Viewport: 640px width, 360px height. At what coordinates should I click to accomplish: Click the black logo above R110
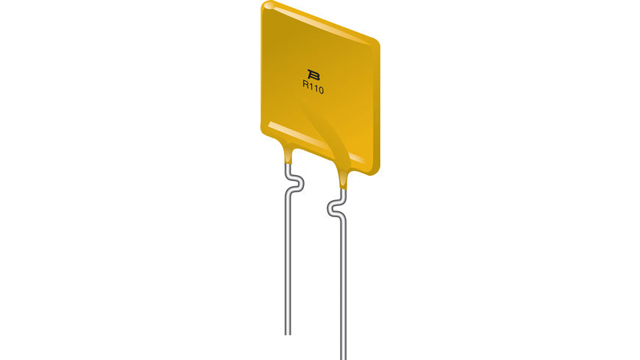(313, 74)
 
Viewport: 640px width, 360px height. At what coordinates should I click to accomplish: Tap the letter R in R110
(305, 86)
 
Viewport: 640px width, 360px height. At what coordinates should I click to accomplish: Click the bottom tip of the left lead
(288, 333)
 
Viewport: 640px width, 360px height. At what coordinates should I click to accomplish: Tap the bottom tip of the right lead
(343, 357)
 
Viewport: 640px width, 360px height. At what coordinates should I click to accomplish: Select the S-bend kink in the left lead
(293, 183)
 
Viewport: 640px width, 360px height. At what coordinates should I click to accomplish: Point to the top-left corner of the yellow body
(266, 6)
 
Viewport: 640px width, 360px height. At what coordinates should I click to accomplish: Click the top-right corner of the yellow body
(377, 40)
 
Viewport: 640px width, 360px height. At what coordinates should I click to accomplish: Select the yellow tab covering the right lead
(343, 177)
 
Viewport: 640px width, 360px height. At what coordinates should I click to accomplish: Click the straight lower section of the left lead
(288, 265)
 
